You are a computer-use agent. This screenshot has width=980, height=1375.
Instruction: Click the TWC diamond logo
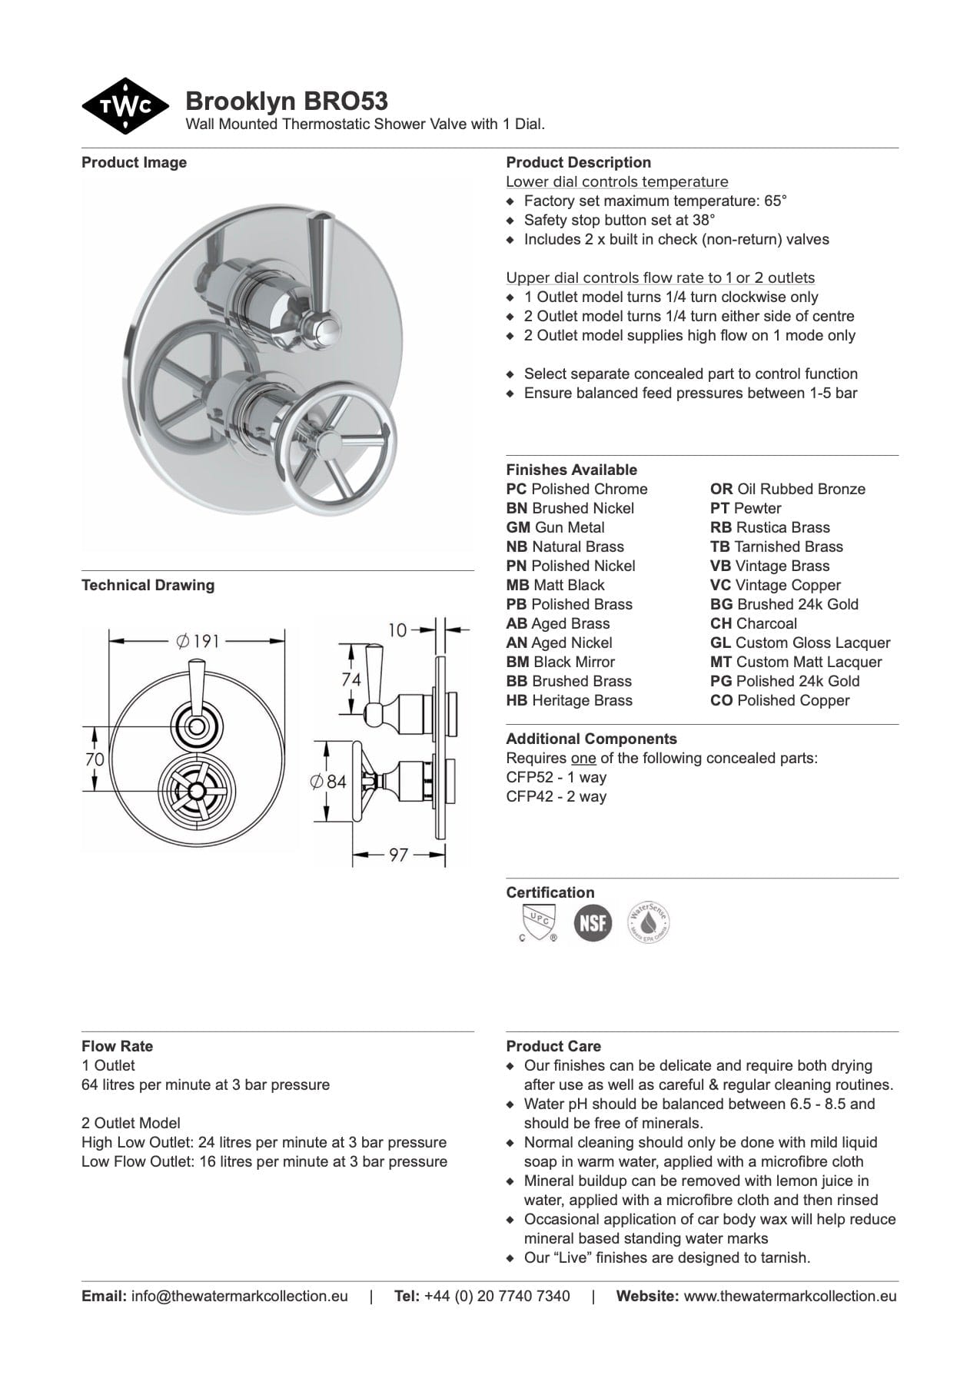(125, 106)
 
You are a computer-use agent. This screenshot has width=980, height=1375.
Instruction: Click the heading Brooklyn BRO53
(286, 101)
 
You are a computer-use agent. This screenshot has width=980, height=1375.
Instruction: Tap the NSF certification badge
(593, 922)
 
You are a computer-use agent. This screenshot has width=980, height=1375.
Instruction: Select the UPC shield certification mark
(537, 922)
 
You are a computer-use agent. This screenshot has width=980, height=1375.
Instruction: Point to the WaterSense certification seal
(649, 922)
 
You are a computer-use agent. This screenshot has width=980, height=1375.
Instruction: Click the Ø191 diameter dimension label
(198, 641)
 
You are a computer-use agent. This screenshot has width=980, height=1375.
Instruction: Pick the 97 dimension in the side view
(398, 855)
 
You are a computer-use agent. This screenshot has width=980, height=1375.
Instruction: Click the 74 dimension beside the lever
(350, 679)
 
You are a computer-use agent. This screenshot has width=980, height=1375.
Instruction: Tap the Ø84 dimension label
(328, 782)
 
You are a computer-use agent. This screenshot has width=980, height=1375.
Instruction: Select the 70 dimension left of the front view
(94, 759)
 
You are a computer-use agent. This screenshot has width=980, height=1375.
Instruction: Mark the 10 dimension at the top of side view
(397, 630)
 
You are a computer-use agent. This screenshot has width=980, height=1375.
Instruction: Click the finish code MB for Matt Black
(517, 585)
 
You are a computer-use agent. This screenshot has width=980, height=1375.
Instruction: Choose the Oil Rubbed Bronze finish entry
(788, 489)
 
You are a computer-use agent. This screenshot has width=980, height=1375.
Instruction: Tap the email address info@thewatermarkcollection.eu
(239, 1296)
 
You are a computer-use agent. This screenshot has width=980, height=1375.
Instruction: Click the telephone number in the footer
(497, 1296)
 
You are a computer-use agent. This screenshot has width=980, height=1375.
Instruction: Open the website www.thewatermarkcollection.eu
(789, 1296)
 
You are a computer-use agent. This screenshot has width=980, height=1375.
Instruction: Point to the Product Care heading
(553, 1046)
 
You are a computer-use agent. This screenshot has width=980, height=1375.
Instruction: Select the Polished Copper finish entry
(779, 700)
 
